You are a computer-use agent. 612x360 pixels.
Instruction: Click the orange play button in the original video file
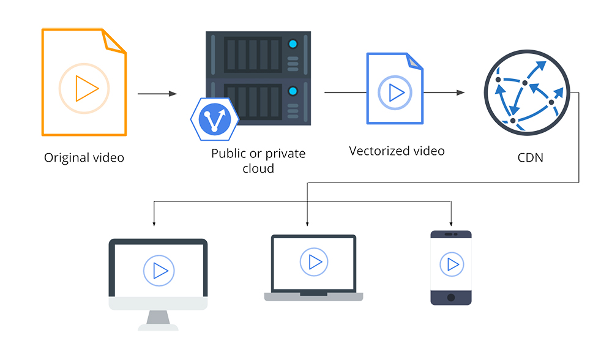click(84, 89)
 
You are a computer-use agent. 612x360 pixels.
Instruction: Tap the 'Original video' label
click(84, 158)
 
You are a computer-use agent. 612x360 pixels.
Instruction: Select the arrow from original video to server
click(157, 94)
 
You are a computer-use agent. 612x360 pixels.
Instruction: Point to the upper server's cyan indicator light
click(293, 44)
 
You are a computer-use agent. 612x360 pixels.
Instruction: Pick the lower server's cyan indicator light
click(293, 92)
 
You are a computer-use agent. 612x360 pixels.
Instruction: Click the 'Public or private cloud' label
click(258, 160)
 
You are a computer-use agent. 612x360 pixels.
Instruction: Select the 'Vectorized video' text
click(397, 150)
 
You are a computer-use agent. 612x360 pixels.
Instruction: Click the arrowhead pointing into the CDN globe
click(461, 93)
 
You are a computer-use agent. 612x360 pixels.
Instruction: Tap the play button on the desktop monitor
click(159, 270)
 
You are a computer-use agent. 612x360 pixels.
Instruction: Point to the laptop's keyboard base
click(313, 297)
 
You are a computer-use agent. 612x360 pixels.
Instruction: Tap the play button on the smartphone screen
click(452, 264)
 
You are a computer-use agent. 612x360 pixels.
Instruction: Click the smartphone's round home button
click(452, 298)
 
